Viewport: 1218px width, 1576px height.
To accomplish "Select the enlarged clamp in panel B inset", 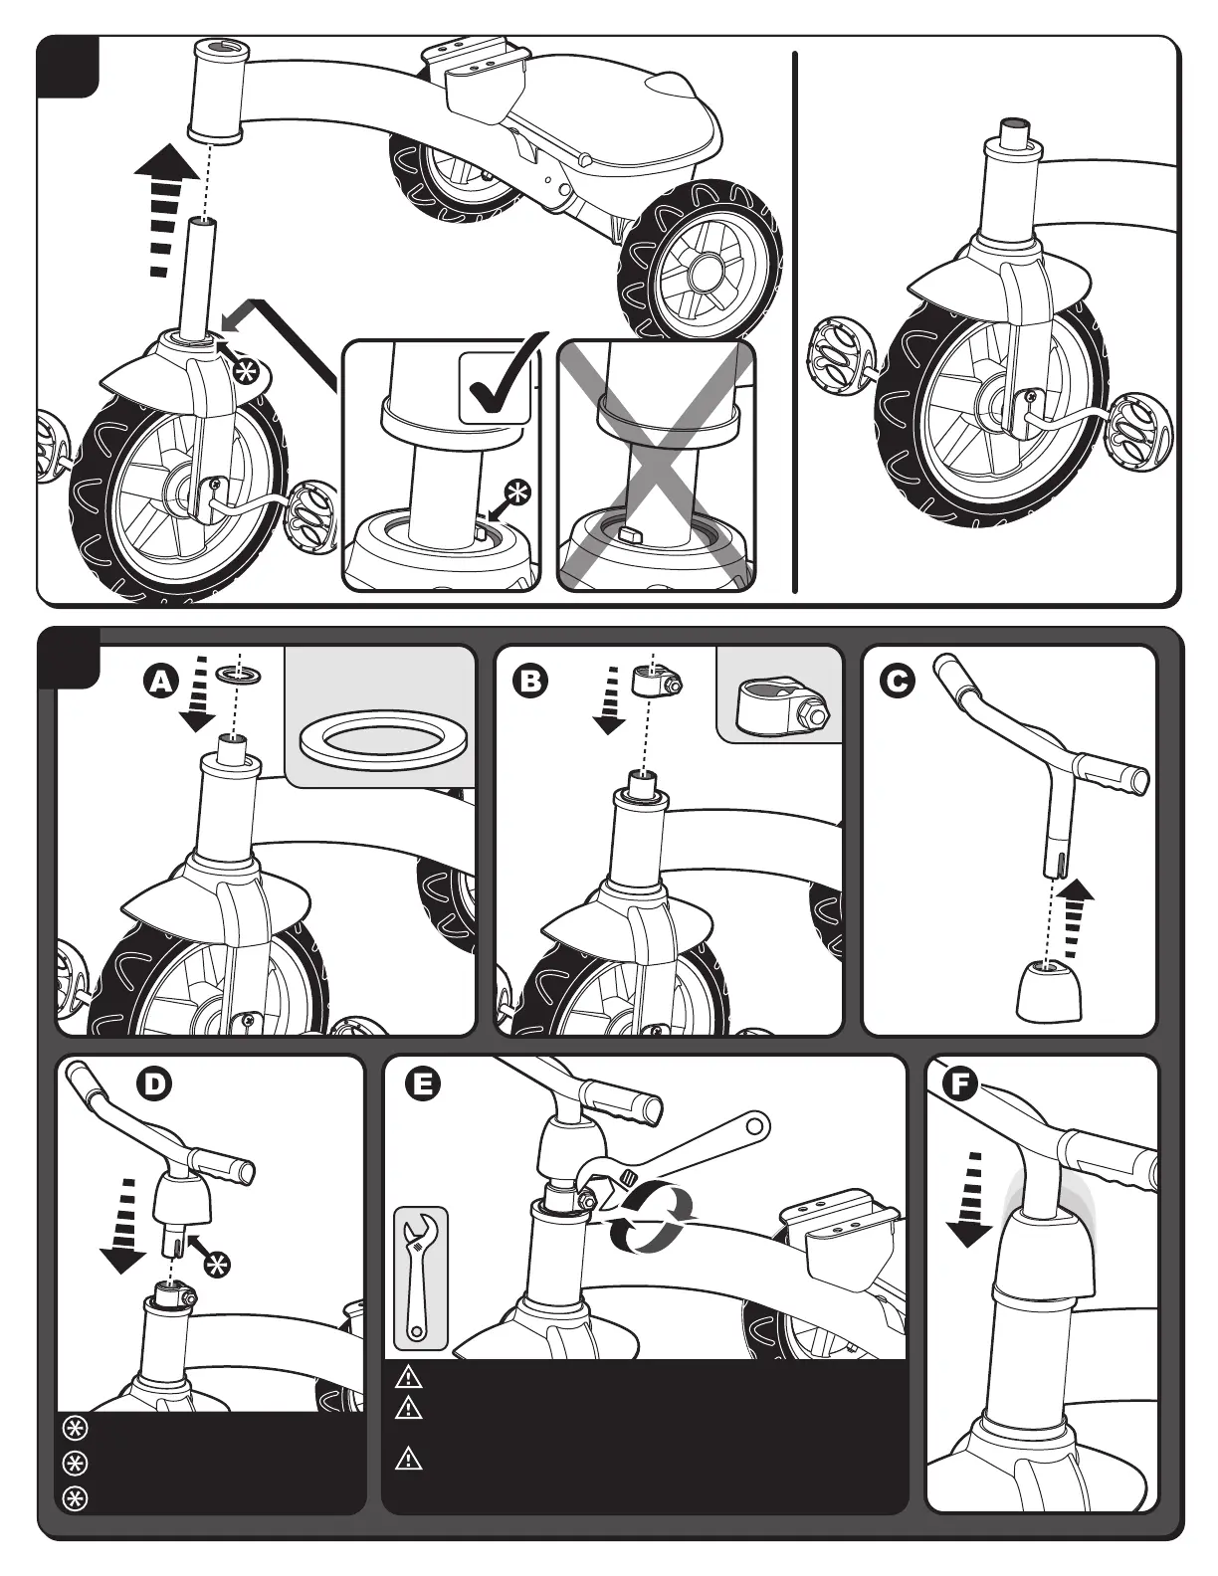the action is coord(781,708).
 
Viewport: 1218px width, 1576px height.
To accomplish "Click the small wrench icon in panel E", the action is coord(420,1278).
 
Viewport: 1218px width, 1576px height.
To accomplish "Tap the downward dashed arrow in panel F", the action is coord(971,1198).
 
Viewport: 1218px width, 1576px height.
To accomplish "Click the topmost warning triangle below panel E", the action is coord(409,1378).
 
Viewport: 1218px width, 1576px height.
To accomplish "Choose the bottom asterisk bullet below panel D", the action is coord(75,1498).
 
